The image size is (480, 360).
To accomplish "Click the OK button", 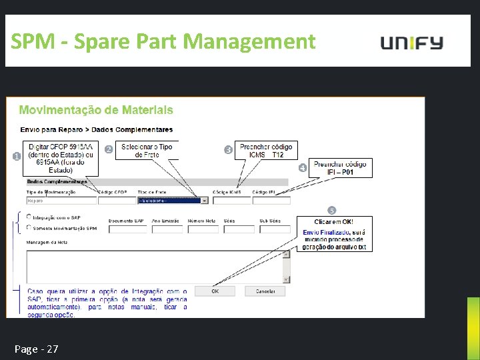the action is click(214, 291).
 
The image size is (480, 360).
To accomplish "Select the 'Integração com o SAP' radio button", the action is click(28, 217).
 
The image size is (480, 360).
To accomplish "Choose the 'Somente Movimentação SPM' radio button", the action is click(28, 227).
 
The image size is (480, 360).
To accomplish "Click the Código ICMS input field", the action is click(231, 200).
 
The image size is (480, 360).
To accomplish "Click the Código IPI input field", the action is click(271, 200).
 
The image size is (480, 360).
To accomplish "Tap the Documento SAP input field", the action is click(127, 229).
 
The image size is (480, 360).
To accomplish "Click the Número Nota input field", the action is click(203, 229).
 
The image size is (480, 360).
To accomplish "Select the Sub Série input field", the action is click(275, 229).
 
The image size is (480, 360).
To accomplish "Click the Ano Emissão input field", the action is click(167, 229).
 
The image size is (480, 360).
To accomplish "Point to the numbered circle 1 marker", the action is click(17, 156).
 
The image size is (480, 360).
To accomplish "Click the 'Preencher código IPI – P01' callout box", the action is click(340, 168).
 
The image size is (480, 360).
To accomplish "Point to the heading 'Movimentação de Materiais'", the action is click(96, 110).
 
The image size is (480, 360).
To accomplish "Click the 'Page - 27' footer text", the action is click(36, 349).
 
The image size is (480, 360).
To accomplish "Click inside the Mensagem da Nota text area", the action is click(153, 263).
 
